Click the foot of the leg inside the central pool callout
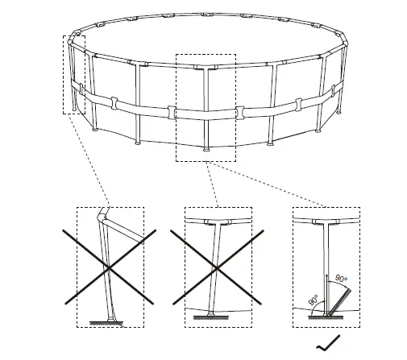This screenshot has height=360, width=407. pos(206,148)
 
